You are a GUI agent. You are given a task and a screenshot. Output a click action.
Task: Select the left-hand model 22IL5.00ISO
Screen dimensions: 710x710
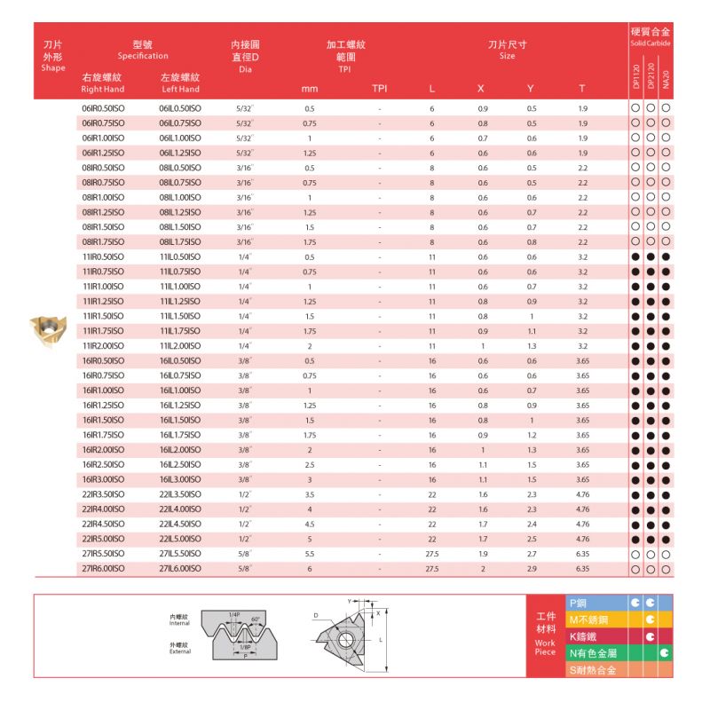(180, 539)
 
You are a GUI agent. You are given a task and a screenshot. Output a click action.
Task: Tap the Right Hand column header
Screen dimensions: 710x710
(101, 90)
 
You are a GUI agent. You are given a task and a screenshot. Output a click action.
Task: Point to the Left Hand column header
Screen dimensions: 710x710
(179, 90)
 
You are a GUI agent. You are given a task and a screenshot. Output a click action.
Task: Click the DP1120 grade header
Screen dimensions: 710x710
(635, 75)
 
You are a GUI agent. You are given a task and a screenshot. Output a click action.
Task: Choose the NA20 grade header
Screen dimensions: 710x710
(666, 76)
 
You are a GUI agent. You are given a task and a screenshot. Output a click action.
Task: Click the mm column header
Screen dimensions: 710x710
(310, 89)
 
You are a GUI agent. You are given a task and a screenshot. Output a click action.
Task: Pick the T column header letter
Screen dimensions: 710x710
(581, 89)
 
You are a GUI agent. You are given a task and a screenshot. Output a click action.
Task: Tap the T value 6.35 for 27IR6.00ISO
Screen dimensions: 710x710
(582, 568)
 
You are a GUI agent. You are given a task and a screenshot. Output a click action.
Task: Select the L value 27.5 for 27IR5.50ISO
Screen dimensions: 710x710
(432, 553)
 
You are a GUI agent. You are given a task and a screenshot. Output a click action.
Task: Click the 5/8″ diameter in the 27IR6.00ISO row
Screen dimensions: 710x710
(245, 568)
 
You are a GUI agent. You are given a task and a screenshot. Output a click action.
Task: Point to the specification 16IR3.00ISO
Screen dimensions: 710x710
(102, 479)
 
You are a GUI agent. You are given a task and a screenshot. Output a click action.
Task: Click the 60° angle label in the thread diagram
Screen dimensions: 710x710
(255, 619)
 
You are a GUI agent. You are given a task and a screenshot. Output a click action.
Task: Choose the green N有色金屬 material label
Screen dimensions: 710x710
(593, 652)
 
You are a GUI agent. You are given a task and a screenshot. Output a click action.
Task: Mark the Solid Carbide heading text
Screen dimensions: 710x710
(650, 43)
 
